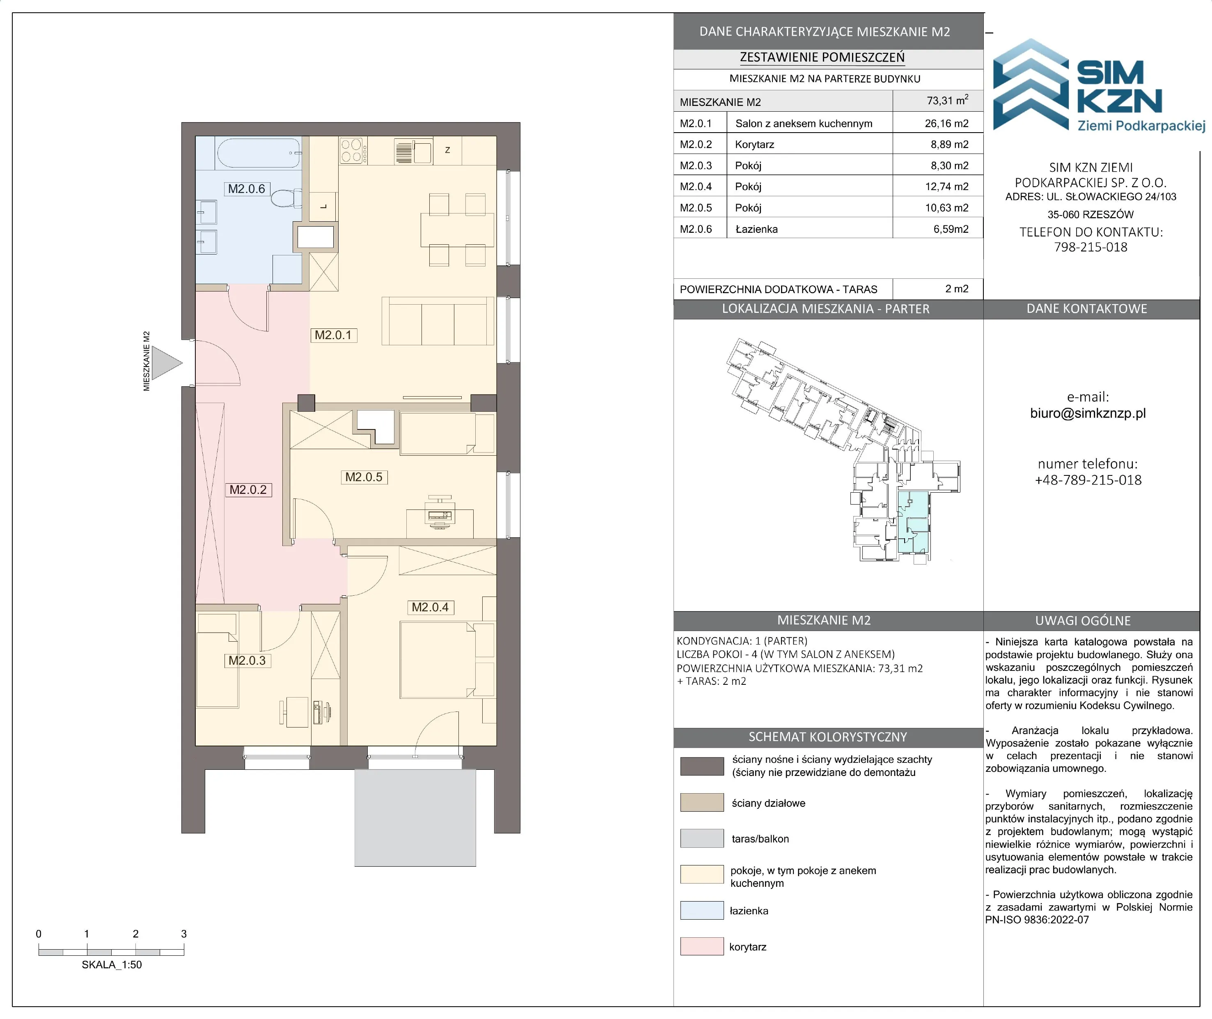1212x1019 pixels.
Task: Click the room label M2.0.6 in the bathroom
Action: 247,189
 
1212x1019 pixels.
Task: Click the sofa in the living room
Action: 439,321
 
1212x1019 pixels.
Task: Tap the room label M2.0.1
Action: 333,335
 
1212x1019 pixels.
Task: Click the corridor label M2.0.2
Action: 248,490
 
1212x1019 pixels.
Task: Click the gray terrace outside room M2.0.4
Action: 415,817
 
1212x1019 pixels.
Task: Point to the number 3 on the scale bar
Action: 183,934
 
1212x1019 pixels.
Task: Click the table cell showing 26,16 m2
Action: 946,123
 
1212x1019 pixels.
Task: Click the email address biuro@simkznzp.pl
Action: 1088,413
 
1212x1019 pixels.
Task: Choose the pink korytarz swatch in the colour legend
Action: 701,946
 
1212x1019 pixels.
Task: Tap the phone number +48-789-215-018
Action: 1088,480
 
